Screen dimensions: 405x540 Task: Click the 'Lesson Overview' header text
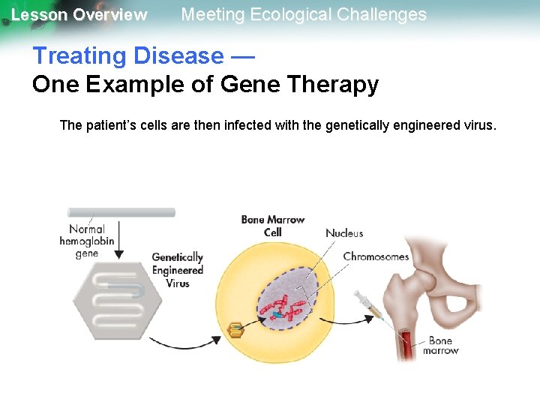[x=79, y=15]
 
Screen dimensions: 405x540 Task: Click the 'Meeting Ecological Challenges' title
[x=304, y=14]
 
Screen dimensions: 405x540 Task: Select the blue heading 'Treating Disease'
[x=127, y=55]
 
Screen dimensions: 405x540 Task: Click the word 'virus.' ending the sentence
[x=477, y=125]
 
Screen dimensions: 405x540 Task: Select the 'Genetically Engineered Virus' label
[x=178, y=270]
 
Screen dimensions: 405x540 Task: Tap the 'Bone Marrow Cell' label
[x=273, y=226]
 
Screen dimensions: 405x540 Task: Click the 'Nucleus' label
[x=344, y=233]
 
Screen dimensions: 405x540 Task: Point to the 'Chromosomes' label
[x=376, y=256]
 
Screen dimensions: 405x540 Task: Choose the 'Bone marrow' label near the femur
[x=440, y=346]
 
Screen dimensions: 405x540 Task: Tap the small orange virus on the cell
[x=236, y=329]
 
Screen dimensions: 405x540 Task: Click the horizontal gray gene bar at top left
[x=121, y=212]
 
